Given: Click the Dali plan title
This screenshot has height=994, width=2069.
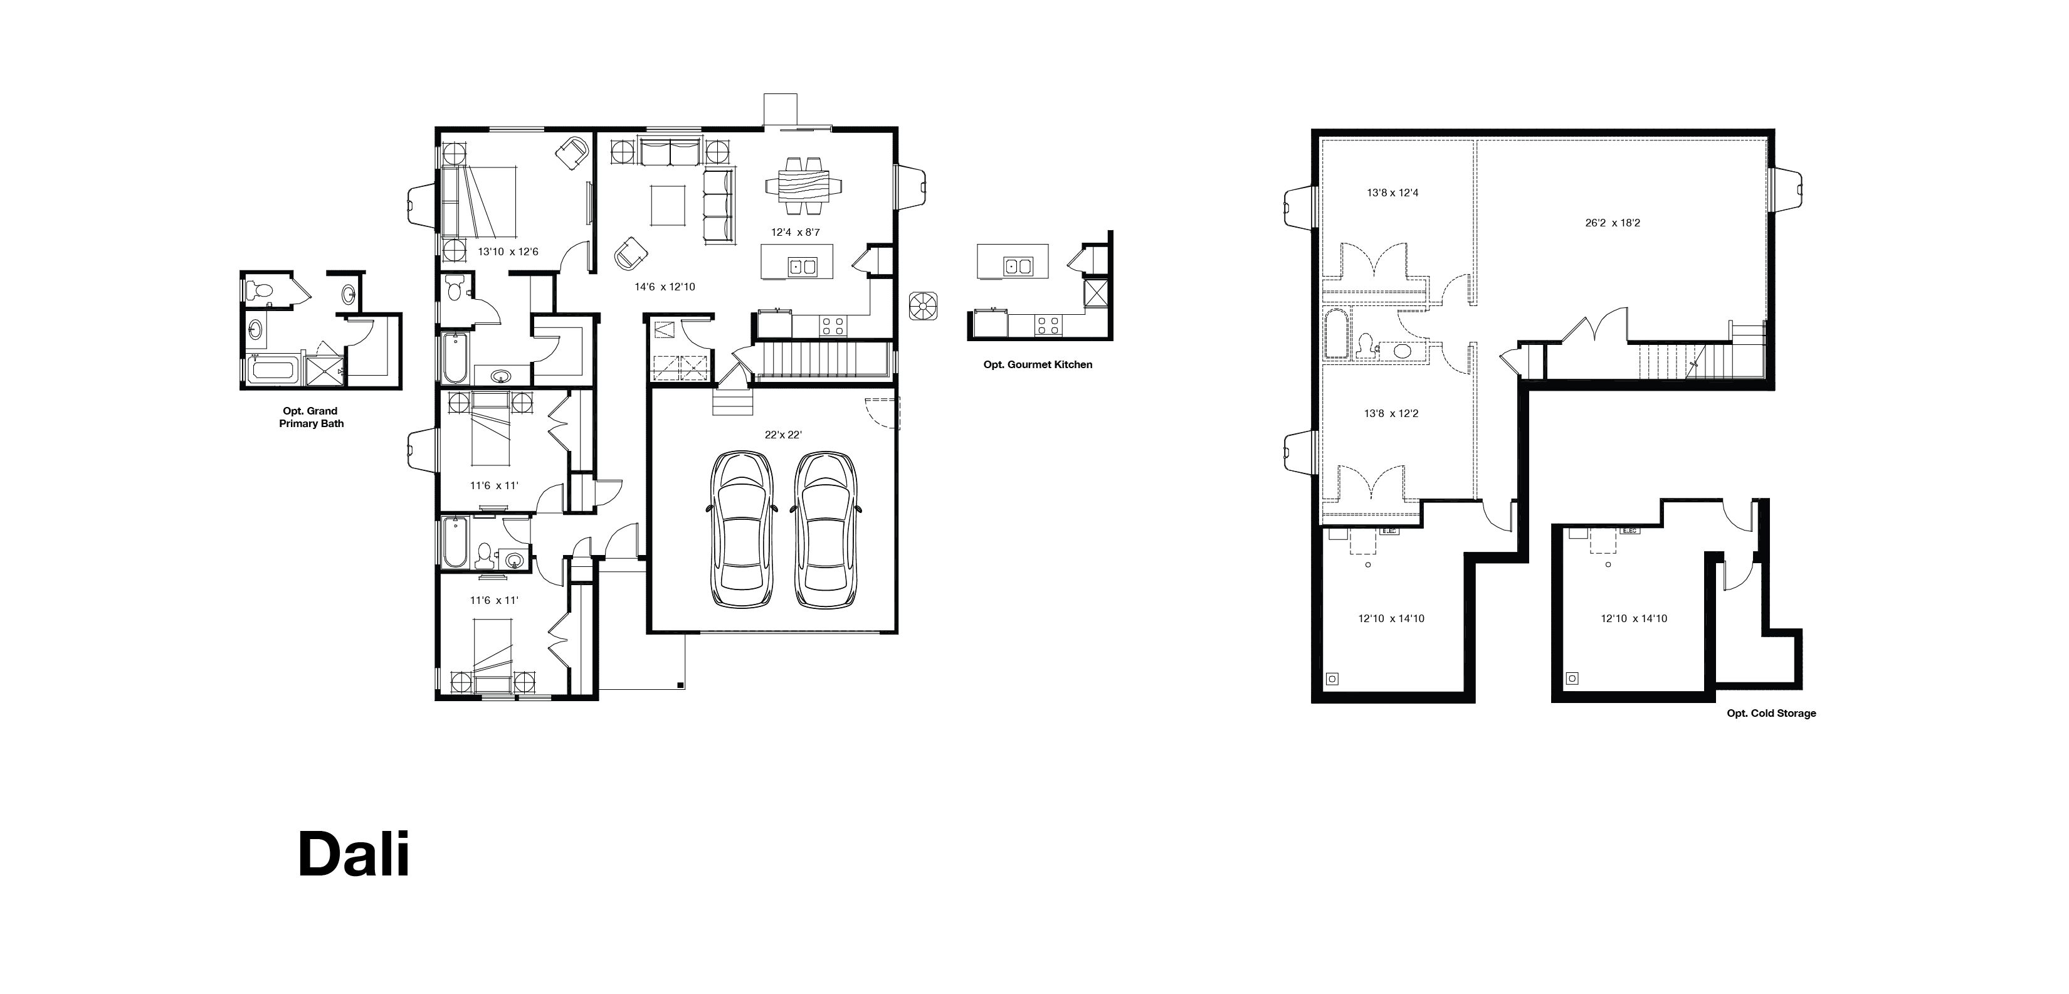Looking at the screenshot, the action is [x=354, y=854].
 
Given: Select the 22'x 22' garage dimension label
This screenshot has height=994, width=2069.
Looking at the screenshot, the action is [x=783, y=435].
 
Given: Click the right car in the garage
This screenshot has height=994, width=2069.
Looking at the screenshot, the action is [x=826, y=531].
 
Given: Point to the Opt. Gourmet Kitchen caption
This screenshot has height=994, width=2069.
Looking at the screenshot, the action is [x=1038, y=365].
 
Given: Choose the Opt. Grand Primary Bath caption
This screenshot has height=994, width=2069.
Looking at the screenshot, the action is [x=311, y=417].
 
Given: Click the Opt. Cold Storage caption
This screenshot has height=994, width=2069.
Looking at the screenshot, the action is [x=1771, y=714].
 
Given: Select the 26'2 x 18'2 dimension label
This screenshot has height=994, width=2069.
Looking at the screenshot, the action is [x=1613, y=223].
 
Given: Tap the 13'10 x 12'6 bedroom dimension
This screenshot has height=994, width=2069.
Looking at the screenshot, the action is [x=508, y=251].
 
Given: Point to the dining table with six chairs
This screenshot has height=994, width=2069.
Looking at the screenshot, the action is [x=804, y=186].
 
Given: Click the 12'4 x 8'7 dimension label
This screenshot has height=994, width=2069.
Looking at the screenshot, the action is [x=795, y=232].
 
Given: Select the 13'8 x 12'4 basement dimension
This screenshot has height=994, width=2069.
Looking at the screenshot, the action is [x=1392, y=193].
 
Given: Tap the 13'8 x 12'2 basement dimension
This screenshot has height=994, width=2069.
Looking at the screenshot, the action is [x=1391, y=414].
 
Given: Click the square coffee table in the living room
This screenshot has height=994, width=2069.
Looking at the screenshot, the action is [x=668, y=206].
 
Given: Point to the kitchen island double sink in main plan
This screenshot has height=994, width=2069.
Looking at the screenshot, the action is [x=803, y=267].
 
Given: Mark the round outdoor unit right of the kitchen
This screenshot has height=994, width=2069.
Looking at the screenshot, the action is [x=924, y=306].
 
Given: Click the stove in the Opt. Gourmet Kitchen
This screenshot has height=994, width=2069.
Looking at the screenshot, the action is [x=1047, y=325].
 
